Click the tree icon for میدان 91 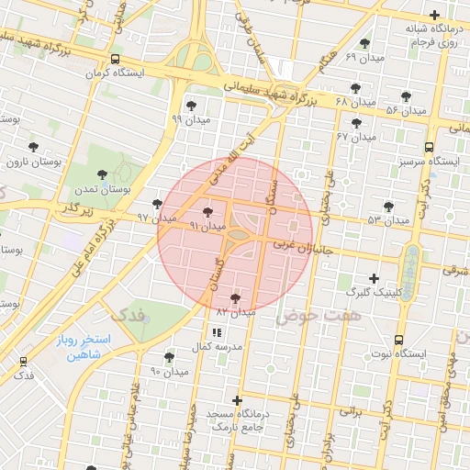[x=207, y=211]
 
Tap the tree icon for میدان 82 [x=235, y=298]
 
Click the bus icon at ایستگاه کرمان [x=114, y=59]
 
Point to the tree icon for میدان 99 [x=191, y=106]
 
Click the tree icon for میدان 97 [x=157, y=204]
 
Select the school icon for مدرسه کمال [x=217, y=332]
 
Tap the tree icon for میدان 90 [x=168, y=357]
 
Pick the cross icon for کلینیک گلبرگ [x=373, y=278]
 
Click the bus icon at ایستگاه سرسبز [x=429, y=147]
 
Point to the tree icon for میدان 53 [x=388, y=207]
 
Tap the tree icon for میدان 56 [x=406, y=96]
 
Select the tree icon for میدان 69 [x=364, y=43]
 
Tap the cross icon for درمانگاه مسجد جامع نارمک [x=238, y=400]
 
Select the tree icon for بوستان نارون [x=33, y=147]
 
